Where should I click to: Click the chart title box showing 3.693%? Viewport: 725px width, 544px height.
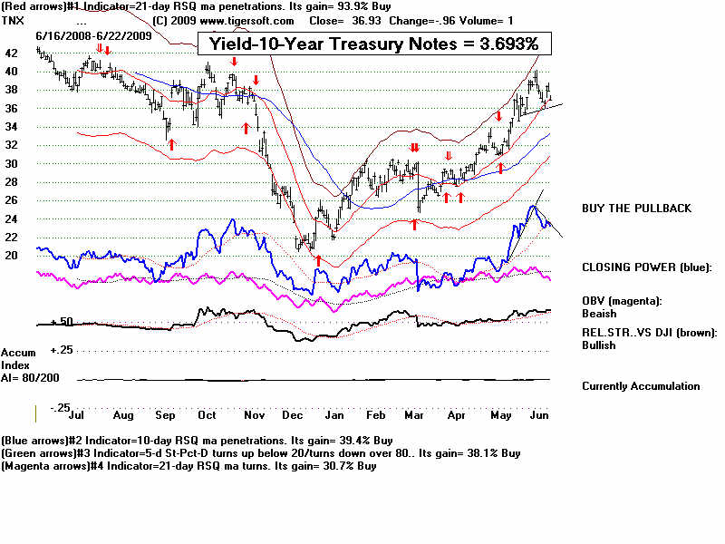point(373,43)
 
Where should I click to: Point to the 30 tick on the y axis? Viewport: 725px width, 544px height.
point(12,164)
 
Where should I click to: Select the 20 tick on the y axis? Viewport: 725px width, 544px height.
point(12,256)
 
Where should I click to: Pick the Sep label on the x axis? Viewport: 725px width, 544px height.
point(165,415)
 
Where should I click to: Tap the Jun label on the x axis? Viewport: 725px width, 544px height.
point(538,415)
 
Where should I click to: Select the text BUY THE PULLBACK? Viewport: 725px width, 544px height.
point(636,209)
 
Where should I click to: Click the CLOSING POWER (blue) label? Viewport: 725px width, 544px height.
point(647,267)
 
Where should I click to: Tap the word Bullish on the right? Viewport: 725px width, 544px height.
point(599,345)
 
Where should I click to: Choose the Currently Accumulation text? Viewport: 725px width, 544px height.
point(641,386)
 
